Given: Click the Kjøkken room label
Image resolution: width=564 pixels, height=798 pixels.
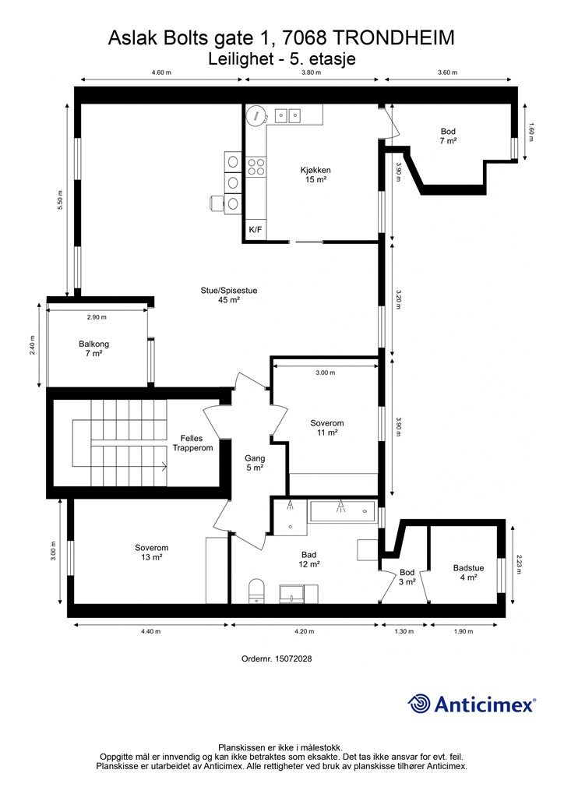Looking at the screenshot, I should (315, 175).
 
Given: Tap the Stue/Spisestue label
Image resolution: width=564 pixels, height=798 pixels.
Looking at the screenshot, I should (229, 295).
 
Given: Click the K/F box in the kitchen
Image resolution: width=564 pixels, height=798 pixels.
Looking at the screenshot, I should (255, 230).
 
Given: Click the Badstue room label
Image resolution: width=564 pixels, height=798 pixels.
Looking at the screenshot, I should (469, 573).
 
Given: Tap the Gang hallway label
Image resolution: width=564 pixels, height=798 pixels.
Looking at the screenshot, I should (255, 463).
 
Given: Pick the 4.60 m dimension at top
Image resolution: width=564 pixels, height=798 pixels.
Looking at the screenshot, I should (160, 72).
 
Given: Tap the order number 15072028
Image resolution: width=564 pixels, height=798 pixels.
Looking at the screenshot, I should (277, 659).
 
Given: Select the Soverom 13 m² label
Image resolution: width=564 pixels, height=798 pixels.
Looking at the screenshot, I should (151, 553).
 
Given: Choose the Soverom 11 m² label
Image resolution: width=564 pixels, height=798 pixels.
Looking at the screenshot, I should (326, 428).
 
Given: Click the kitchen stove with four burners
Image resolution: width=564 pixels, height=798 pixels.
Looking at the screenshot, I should (256, 165).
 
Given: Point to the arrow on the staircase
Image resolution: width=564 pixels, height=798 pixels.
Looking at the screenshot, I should (163, 467).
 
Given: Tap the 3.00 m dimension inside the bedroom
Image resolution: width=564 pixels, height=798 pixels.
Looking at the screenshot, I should (326, 373).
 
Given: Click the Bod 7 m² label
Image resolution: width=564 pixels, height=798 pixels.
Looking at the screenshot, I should (447, 136).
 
